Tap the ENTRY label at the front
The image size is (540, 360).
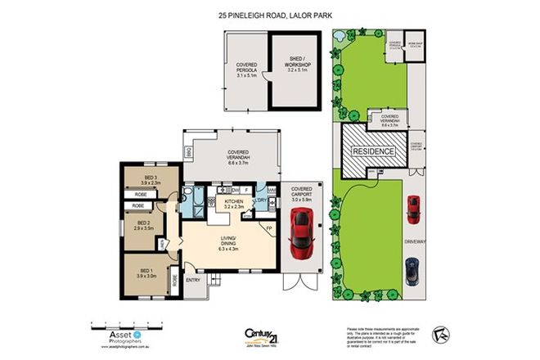pyautogui.click(x=193, y=281)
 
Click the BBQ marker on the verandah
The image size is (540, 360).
pyautogui.click(x=189, y=151)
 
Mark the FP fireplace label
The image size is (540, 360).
pyautogui.click(x=268, y=227)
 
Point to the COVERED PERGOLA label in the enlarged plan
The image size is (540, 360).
pyautogui.click(x=247, y=71)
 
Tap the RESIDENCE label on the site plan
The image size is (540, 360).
pyautogui.click(x=373, y=152)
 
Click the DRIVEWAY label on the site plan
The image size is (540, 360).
pyautogui.click(x=415, y=243)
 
